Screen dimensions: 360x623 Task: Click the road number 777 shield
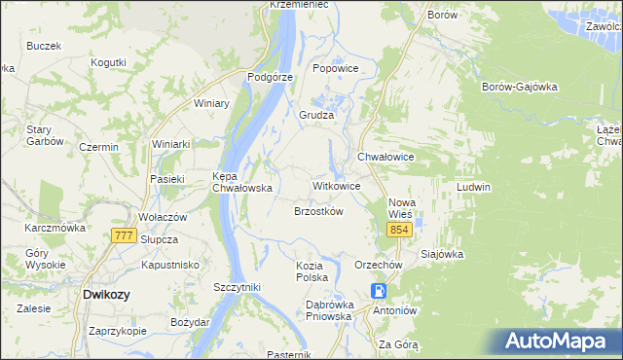point(123,236)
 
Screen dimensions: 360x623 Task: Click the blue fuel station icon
point(379,291)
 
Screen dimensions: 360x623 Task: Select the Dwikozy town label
point(107,293)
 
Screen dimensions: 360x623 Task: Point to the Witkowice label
point(336,185)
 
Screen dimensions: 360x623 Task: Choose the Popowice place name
point(336,69)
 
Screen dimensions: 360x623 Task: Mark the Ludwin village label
point(473,186)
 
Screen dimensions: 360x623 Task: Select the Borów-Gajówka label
point(519,87)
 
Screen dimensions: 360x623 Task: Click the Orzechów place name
point(379,265)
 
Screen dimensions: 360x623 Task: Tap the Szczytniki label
point(237,287)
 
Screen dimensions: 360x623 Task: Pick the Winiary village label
point(211,103)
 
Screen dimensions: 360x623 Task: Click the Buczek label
point(44,46)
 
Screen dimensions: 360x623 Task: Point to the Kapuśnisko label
point(169,265)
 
